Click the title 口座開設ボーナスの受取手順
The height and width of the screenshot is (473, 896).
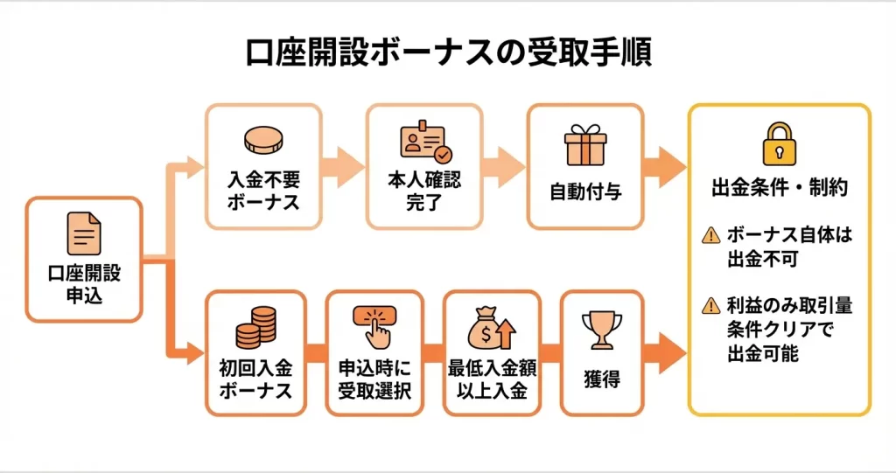(447, 52)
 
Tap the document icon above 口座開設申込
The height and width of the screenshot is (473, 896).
(84, 233)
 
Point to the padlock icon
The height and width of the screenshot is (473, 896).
(779, 143)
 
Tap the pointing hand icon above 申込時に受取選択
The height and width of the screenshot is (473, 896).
(374, 326)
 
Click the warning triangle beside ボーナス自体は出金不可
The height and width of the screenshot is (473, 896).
(710, 234)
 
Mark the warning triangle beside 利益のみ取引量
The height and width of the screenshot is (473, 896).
(710, 306)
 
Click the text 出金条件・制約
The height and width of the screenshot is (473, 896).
(779, 186)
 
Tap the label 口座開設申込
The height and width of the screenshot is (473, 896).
(84, 284)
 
